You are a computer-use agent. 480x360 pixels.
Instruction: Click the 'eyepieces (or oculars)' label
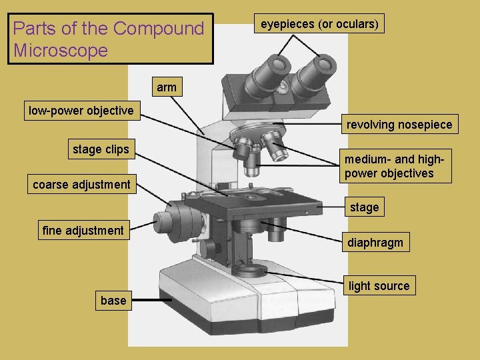pos(319,25)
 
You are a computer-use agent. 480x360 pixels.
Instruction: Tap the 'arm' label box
pos(167,87)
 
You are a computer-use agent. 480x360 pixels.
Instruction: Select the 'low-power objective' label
pos(81,111)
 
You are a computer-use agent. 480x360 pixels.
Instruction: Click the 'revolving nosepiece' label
pos(399,125)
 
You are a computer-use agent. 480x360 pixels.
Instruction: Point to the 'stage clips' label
pos(101,149)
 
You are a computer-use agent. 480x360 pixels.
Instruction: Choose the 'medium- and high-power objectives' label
pos(397,167)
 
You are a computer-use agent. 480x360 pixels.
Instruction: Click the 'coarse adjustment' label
pos(82,185)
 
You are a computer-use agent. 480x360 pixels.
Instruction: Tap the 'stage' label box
pos(364,207)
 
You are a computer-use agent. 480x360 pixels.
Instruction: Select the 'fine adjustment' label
pos(83,231)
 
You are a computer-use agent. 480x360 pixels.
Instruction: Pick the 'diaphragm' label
pos(375,243)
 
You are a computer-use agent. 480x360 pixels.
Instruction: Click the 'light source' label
pos(379,286)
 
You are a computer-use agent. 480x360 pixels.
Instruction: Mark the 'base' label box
pos(113,301)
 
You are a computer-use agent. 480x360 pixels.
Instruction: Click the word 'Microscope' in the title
pos(60,51)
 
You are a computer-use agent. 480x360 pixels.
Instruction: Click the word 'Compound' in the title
pos(159,29)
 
